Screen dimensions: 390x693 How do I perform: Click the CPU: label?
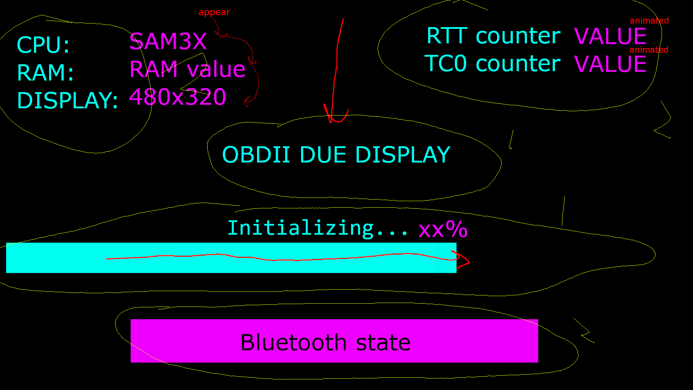click(x=43, y=45)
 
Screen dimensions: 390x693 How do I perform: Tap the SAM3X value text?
click(x=168, y=42)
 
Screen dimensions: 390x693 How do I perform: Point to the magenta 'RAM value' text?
click(x=187, y=69)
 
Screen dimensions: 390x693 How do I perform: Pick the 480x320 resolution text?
click(x=178, y=97)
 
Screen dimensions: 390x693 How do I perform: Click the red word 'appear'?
click(x=214, y=12)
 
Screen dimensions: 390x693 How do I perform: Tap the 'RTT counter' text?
click(x=493, y=36)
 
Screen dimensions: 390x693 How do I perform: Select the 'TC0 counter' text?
click(x=492, y=64)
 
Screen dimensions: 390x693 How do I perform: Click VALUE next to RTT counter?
click(x=610, y=36)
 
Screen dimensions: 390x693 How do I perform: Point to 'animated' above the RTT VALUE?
click(x=649, y=21)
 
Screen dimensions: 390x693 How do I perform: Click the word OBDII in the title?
click(x=256, y=155)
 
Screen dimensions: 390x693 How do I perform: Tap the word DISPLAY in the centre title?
click(x=402, y=155)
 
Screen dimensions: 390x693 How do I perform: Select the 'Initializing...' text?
click(x=318, y=228)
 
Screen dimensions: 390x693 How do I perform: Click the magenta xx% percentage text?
click(x=443, y=229)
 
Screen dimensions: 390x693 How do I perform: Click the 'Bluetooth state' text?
click(x=325, y=342)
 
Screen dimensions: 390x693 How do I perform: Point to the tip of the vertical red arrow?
click(x=331, y=121)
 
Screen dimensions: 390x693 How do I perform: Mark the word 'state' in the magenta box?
click(x=383, y=342)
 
